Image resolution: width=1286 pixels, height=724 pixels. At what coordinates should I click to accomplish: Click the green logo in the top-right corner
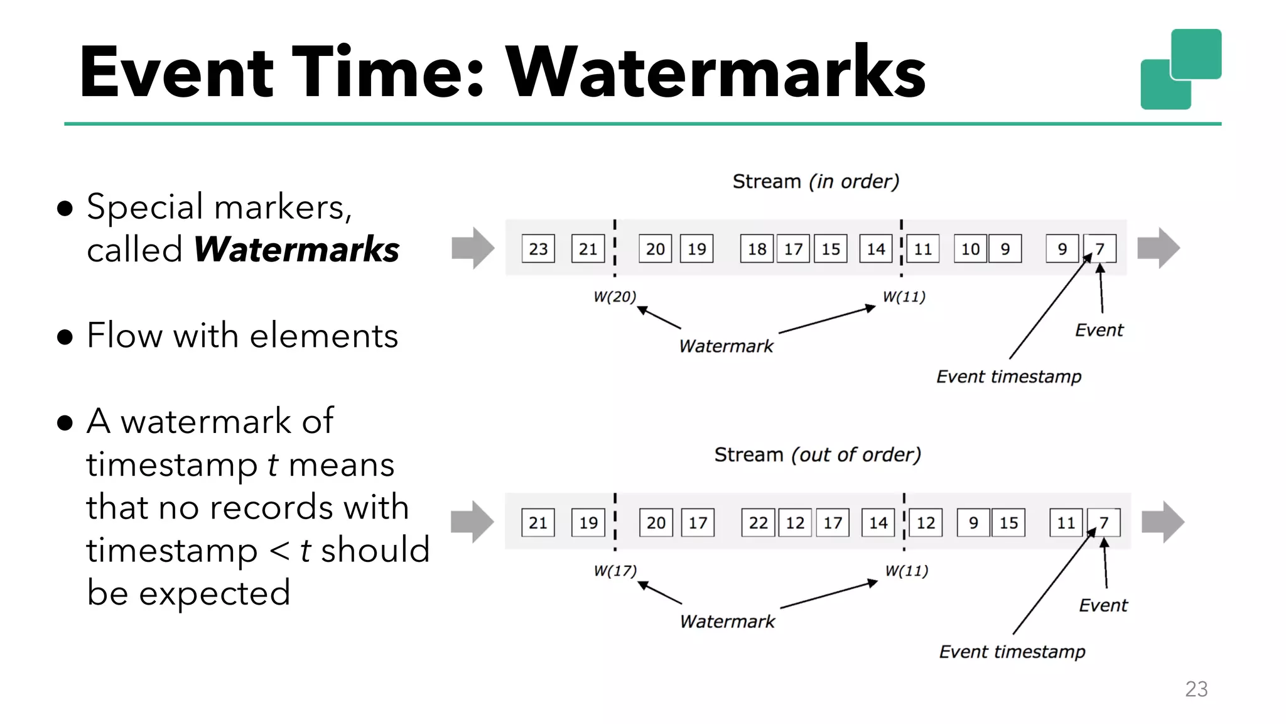coord(1181,69)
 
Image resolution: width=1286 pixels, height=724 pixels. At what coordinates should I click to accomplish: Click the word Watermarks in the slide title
coord(716,72)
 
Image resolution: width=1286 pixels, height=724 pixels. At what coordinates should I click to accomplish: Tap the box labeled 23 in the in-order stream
coord(538,249)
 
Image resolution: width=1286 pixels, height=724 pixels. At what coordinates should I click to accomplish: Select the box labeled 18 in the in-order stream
coord(757,249)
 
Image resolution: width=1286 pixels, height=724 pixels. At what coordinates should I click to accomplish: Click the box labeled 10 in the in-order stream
coord(970,249)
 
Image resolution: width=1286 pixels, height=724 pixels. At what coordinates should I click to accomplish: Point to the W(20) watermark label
coord(615,297)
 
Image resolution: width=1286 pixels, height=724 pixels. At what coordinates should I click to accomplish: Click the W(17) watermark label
coord(615,571)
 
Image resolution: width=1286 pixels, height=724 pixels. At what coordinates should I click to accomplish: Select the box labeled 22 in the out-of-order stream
coord(758,523)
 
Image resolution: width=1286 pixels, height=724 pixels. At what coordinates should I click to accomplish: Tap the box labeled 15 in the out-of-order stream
coord(1008,523)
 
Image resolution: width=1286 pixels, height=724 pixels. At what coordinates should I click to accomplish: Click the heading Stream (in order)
coord(816,182)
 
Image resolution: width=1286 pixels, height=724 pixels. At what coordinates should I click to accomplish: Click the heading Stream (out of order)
coord(818,455)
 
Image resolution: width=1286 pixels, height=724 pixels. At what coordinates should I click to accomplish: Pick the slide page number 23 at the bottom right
coord(1196,689)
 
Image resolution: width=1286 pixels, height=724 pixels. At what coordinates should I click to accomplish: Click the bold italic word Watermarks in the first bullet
coord(296,250)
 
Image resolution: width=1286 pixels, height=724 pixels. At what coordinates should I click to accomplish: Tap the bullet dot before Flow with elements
coord(65,337)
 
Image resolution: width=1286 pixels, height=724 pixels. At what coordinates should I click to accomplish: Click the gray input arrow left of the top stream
coord(473,248)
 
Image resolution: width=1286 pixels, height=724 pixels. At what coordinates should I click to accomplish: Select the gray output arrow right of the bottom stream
coord(1163,522)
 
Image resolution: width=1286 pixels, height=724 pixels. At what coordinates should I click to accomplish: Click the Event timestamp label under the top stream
coord(1008,376)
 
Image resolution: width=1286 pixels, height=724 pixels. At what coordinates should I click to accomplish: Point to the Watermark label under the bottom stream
coord(727,622)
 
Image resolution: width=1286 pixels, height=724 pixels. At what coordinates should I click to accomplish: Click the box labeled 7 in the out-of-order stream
coord(1104,523)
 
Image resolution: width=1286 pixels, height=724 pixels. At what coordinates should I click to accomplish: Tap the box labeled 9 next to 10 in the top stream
coord(1005,249)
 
